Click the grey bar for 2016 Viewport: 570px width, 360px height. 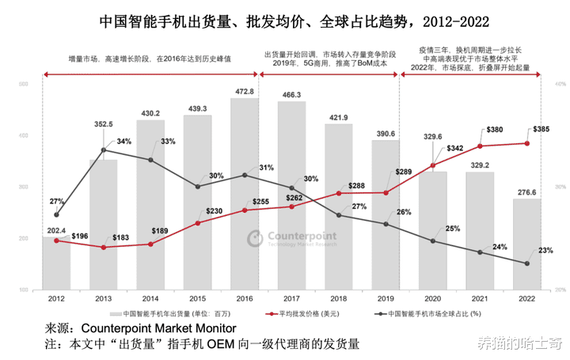pyautogui.click(x=245, y=195)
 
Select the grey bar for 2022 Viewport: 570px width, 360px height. pyautogui.click(x=526, y=245)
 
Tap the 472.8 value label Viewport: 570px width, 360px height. pyautogui.click(x=245, y=92)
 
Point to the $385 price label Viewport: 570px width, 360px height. pyautogui.click(x=542, y=129)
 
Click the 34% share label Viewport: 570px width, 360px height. pyautogui.click(x=123, y=141)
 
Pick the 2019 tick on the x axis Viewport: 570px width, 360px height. pyautogui.click(x=386, y=299)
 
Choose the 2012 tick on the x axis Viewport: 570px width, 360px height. pyautogui.click(x=56, y=299)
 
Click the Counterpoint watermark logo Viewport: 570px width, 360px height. pyautogui.click(x=291, y=238)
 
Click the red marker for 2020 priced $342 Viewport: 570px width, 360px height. pyautogui.click(x=432, y=165)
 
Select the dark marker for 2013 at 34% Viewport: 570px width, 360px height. pyautogui.click(x=104, y=150)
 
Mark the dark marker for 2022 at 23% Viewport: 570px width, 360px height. pyautogui.click(x=526, y=263)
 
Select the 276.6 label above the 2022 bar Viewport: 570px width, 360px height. pyautogui.click(x=526, y=192)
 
